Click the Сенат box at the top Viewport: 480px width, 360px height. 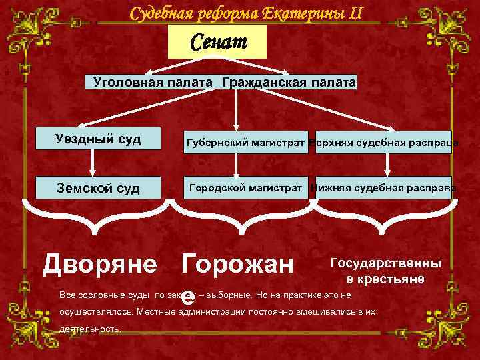218,43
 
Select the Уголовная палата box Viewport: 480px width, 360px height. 153,82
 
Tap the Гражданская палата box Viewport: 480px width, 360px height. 289,82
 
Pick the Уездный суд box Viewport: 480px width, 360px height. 97,139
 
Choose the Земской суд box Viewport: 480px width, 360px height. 97,188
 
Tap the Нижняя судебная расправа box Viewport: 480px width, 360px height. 381,187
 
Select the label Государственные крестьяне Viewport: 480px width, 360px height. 385,271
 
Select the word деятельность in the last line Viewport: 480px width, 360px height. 90,329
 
